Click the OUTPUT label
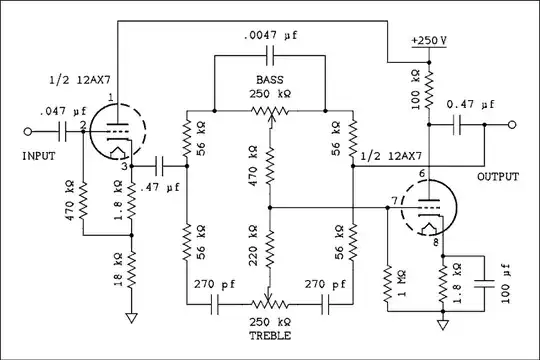click(497, 177)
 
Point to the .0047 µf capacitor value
click(271, 38)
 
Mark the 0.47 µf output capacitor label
click(473, 104)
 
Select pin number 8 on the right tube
click(435, 242)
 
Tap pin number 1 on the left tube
click(111, 97)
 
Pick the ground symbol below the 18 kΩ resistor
click(130, 320)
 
